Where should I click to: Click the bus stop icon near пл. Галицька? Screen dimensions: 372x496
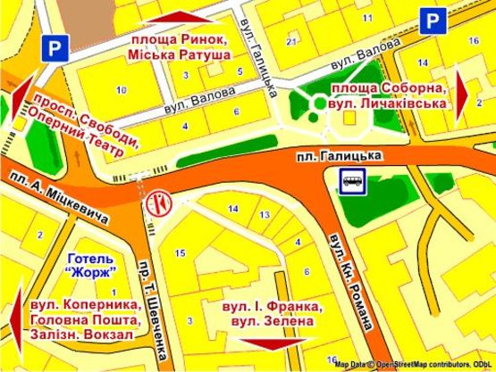tap(350, 182)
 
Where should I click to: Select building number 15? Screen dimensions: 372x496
tap(180, 253)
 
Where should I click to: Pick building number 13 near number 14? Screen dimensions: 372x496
tap(264, 215)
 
